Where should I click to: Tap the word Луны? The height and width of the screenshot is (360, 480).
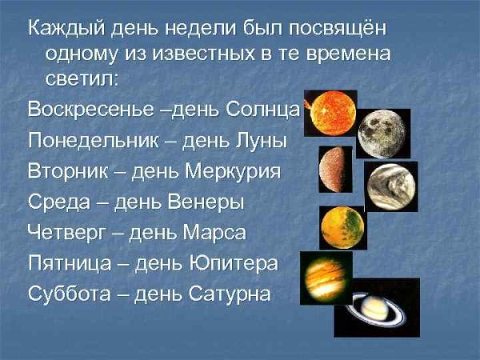pos(258,139)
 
